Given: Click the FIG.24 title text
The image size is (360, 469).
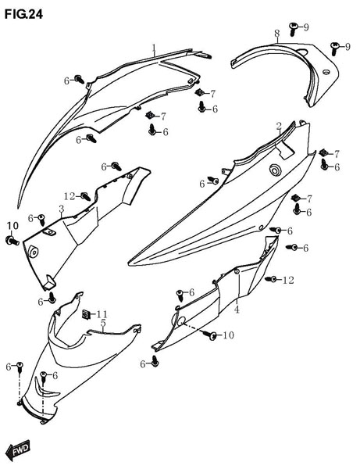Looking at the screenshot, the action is point(23,14).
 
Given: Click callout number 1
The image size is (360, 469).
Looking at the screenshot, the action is point(154,48).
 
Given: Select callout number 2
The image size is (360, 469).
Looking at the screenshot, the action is point(279,126).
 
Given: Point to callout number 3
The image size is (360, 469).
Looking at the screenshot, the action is point(62,209).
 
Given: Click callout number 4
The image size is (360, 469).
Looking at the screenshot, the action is point(237,309).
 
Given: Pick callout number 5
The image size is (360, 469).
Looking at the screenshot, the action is point(103,323).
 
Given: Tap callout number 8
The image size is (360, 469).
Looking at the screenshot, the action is point(277,34).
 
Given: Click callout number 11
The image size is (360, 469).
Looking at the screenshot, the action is point(102,314).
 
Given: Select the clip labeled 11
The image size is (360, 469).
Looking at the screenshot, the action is point(87,314).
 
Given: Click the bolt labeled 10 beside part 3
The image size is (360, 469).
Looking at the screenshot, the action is point(12,240).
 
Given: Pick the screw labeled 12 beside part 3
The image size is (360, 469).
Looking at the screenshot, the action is point(85,196).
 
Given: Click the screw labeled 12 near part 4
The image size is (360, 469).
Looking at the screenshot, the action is point(271,279).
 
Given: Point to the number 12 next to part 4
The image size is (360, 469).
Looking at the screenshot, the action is point(288,280).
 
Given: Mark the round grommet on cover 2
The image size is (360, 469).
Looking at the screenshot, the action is point(274,170).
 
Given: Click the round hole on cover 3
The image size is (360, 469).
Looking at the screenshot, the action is point(34,252).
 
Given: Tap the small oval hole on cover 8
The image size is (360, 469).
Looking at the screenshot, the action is point(326,72).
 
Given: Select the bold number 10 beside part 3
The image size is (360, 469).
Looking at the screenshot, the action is point(12,226).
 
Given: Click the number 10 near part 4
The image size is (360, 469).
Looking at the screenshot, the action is point(228,335).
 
